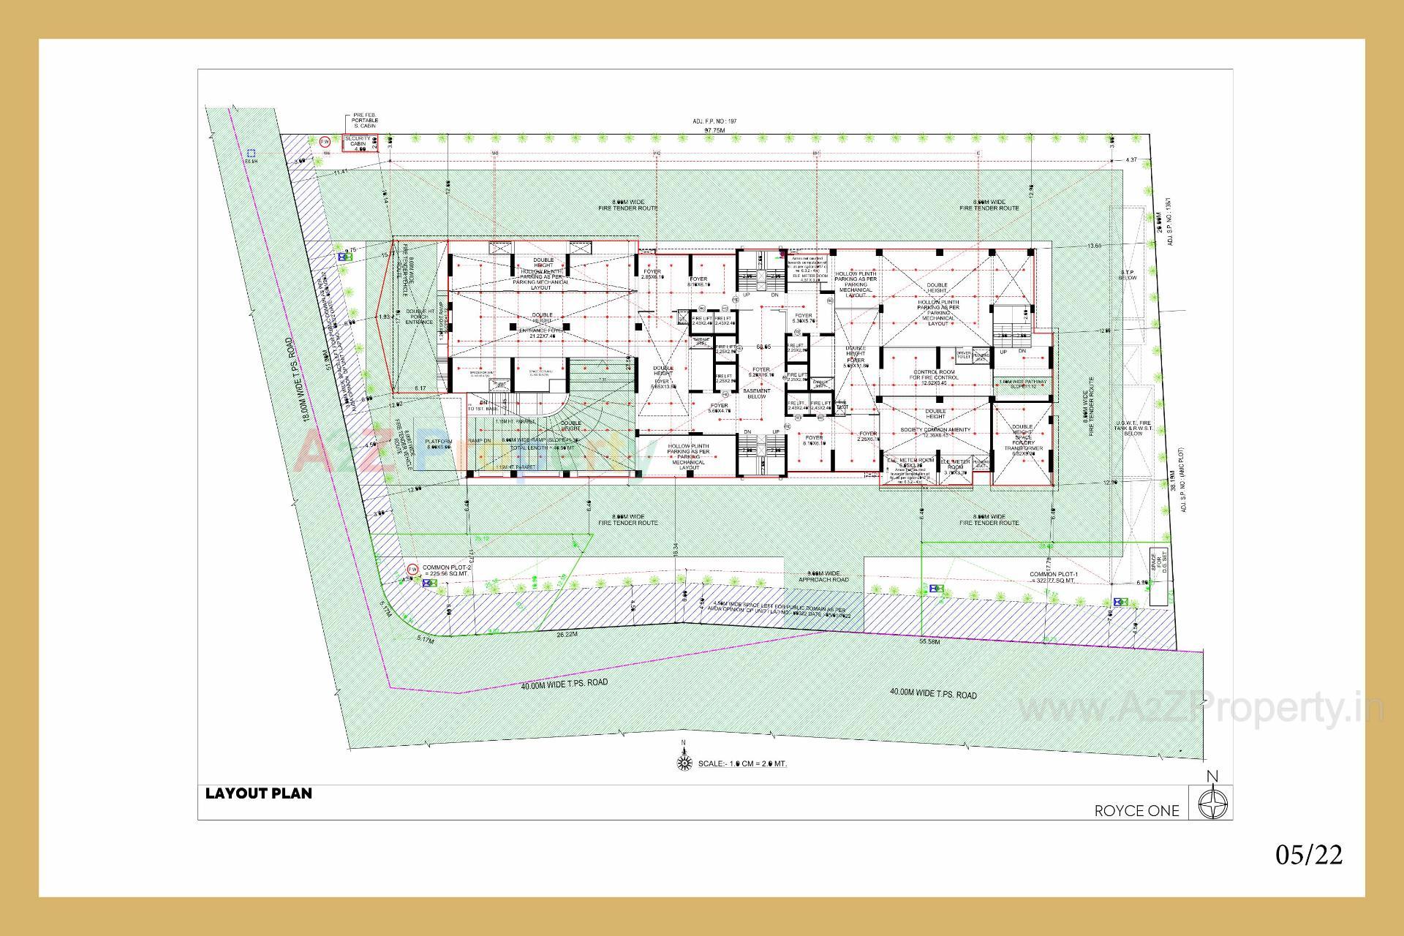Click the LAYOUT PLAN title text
(x=258, y=793)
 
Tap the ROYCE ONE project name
(x=1136, y=810)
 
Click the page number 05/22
(x=1309, y=854)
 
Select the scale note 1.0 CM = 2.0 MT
(x=742, y=763)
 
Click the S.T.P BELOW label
(x=1127, y=276)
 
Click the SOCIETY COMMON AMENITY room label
(x=935, y=430)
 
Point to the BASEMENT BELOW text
(x=757, y=393)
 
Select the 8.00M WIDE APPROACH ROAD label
(x=823, y=575)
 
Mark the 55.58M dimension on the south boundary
(x=929, y=641)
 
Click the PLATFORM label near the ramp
(x=439, y=444)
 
